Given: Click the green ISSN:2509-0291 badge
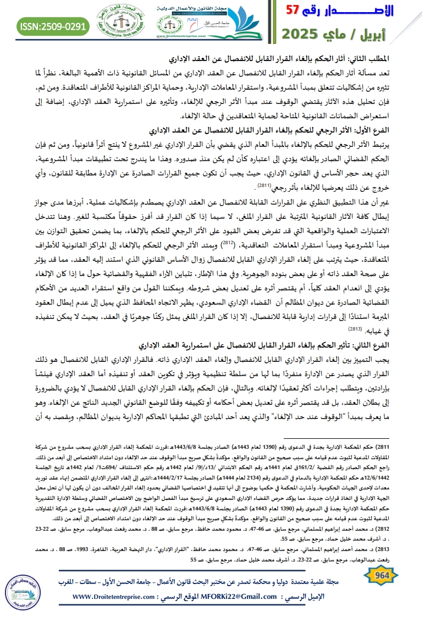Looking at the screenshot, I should (47, 26).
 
